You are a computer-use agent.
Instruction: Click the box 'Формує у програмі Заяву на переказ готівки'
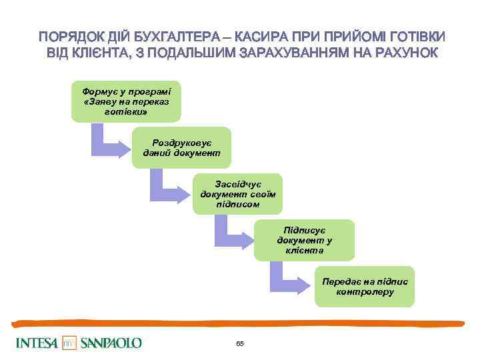tap(126, 101)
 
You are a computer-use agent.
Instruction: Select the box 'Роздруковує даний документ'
tap(181, 147)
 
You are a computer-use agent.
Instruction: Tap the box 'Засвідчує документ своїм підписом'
tap(238, 193)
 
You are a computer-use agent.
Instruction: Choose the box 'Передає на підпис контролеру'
tap(365, 287)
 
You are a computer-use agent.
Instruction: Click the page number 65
tap(240, 344)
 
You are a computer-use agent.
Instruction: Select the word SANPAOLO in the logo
tap(111, 343)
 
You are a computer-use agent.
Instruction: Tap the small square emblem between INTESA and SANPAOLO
tap(70, 343)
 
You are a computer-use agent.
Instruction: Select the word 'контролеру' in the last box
tap(365, 292)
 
